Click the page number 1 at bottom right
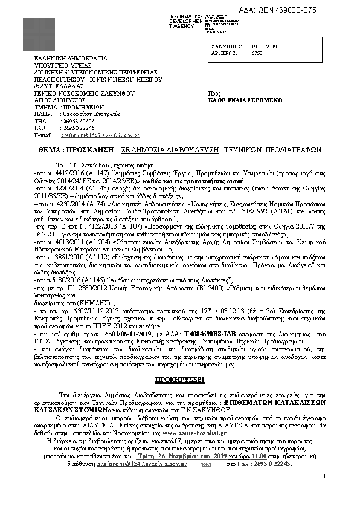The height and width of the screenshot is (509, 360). click(324, 477)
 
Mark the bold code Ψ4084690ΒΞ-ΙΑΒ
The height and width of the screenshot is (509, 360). click(191, 334)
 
